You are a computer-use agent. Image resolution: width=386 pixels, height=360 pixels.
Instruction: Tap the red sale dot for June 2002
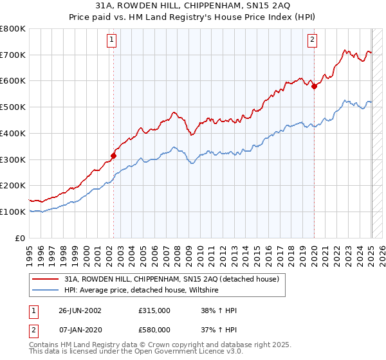(113, 155)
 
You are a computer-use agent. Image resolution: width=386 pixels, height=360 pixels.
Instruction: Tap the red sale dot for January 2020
(314, 86)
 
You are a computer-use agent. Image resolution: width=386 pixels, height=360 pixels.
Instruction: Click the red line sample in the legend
(46, 280)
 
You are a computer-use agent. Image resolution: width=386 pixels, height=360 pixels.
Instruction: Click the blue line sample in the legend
(46, 291)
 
